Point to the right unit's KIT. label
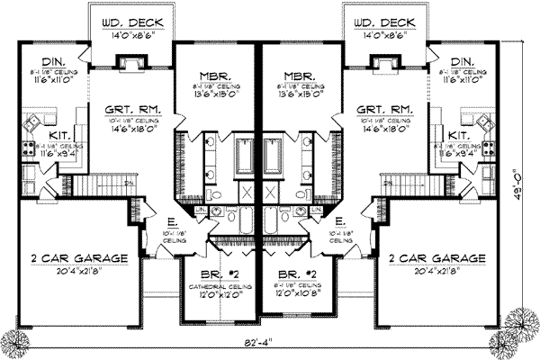pos(458,133)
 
